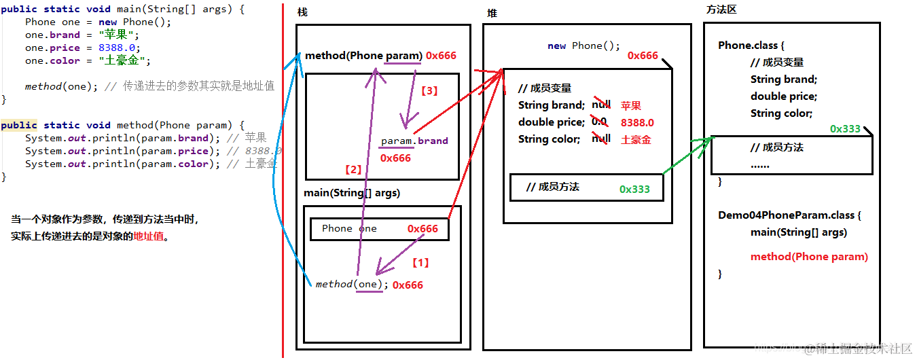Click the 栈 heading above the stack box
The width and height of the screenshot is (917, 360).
click(x=302, y=14)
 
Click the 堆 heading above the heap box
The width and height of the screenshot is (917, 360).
click(x=492, y=14)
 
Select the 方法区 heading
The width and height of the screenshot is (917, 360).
click(x=721, y=10)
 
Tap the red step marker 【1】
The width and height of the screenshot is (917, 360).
click(x=421, y=262)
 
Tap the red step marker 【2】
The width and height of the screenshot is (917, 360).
click(x=353, y=170)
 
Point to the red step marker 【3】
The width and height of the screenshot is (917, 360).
click(x=430, y=90)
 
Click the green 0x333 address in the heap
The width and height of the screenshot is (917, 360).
click(x=634, y=190)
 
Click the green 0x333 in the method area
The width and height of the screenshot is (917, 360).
click(x=845, y=129)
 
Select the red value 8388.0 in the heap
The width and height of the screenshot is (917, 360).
click(x=637, y=123)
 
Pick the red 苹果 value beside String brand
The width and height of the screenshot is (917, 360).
click(x=631, y=105)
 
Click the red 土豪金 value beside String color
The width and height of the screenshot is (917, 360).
click(x=636, y=139)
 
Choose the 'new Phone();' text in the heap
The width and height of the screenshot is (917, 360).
click(x=584, y=46)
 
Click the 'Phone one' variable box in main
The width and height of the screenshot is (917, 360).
click(x=379, y=229)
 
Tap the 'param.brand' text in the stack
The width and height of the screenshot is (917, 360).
click(x=414, y=141)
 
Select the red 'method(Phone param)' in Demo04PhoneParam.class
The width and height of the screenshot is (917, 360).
click(x=809, y=257)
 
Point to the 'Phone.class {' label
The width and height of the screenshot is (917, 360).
click(x=751, y=46)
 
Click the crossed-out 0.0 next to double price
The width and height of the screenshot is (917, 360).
click(x=598, y=122)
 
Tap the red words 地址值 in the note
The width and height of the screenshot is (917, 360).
click(x=149, y=237)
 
